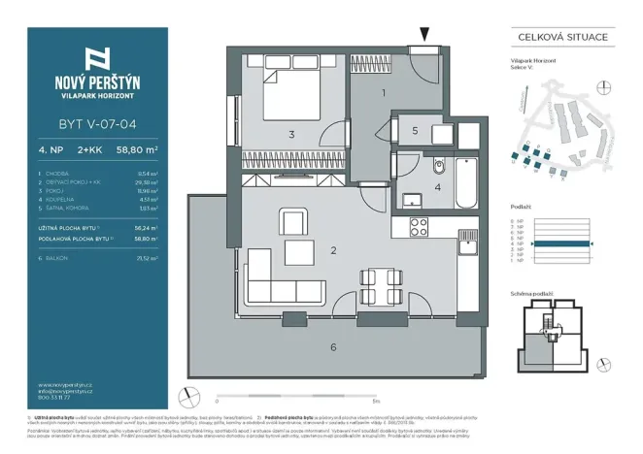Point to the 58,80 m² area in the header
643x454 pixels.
click(x=140, y=150)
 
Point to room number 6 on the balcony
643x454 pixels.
click(x=333, y=346)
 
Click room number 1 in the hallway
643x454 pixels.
click(x=384, y=93)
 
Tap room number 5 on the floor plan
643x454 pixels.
click(x=415, y=130)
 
